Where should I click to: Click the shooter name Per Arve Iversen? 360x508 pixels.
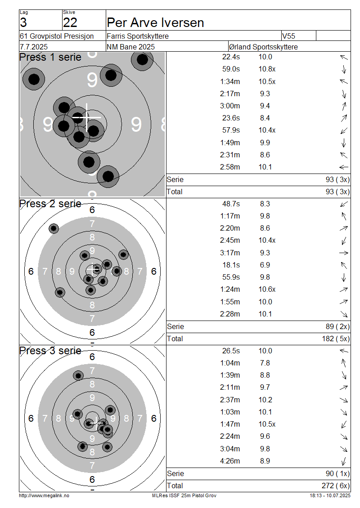(x=155, y=22)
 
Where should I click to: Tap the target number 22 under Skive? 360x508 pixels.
(x=70, y=22)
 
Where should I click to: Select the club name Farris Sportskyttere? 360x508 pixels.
(x=138, y=36)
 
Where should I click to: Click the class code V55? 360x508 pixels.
(x=288, y=36)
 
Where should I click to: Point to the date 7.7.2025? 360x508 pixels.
(x=34, y=47)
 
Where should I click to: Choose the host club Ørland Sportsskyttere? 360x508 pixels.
(x=263, y=47)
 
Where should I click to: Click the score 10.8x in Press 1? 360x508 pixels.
(x=267, y=69)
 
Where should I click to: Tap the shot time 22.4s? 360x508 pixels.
(x=231, y=57)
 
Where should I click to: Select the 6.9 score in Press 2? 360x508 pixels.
(x=265, y=265)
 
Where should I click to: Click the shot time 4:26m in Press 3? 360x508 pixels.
(x=230, y=461)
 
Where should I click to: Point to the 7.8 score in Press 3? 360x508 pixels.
(x=265, y=363)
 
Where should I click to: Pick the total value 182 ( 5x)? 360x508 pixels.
(x=336, y=339)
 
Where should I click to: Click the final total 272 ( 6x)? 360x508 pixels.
(x=336, y=486)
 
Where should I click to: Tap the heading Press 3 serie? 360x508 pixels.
(x=50, y=351)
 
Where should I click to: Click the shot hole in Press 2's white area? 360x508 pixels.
(x=54, y=228)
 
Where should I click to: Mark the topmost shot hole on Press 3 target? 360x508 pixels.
(x=78, y=376)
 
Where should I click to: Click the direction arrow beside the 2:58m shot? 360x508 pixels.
(x=344, y=167)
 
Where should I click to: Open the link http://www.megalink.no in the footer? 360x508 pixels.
(x=44, y=495)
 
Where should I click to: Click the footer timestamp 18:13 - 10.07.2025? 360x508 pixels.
(x=330, y=495)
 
